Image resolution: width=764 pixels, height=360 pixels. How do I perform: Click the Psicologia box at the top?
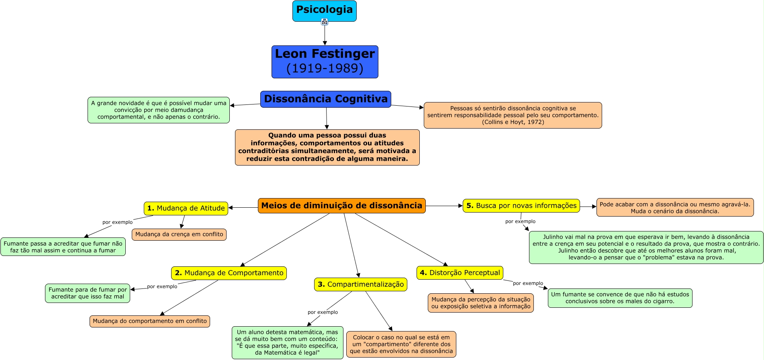tap(324, 10)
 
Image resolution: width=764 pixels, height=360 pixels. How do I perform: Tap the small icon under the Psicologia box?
tap(325, 22)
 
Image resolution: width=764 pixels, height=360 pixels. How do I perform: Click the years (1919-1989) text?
tap(325, 69)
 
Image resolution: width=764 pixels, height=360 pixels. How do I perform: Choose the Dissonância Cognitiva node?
tap(325, 99)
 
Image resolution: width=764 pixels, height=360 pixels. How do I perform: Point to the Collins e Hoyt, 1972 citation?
tap(513, 122)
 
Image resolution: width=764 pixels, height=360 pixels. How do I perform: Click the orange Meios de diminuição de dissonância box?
tap(341, 206)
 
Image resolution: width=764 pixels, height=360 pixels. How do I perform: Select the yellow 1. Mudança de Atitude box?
tap(186, 208)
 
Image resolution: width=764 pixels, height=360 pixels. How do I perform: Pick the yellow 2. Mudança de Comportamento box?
tap(229, 273)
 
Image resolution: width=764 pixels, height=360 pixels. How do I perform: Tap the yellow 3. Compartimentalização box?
tap(361, 284)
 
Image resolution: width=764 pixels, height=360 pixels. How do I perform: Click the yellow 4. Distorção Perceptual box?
tap(460, 273)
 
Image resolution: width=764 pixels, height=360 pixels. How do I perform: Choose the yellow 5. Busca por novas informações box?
tap(521, 206)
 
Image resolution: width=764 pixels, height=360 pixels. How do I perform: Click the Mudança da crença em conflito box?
tap(179, 234)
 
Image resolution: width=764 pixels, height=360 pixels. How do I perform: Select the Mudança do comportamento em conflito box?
tap(150, 321)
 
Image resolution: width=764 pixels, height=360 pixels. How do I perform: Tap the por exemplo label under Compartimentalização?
tap(323, 312)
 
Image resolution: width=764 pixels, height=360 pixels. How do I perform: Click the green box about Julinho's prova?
tap(646, 247)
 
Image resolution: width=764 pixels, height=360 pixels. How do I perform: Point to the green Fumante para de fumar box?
tap(88, 293)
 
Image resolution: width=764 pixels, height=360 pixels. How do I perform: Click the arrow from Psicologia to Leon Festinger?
tap(325, 35)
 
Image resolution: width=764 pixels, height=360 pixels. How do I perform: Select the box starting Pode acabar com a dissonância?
tap(675, 208)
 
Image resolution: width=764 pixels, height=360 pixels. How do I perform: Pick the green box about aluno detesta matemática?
tap(288, 342)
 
